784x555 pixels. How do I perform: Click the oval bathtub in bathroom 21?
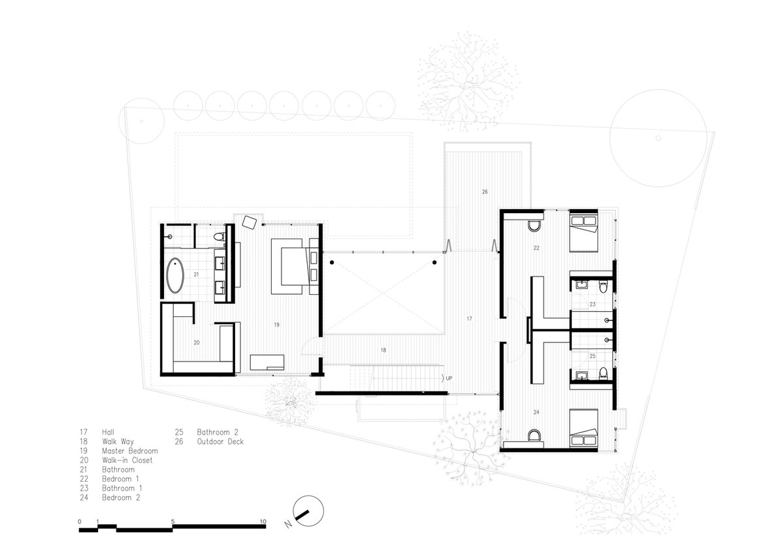pos(174,275)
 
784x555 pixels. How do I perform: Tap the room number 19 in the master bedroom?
pos(276,325)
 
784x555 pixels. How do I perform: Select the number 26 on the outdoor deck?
pos(485,192)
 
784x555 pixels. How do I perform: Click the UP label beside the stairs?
pos(449,378)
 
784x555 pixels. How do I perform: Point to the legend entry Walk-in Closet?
pos(127,460)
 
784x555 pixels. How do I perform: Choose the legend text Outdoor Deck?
pos(220,441)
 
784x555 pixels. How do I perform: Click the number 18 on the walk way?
pos(384,350)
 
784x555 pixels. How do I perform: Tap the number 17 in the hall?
pos(469,318)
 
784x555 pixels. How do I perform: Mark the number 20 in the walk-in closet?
pos(197,343)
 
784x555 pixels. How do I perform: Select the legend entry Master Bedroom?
pos(130,451)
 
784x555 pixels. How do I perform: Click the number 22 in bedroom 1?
pos(536,248)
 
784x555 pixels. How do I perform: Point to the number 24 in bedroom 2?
pos(536,412)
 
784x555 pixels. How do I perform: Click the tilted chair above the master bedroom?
pos(250,222)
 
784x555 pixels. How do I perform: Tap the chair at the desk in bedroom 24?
pos(534,435)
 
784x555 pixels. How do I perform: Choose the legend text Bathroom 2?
pos(218,432)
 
